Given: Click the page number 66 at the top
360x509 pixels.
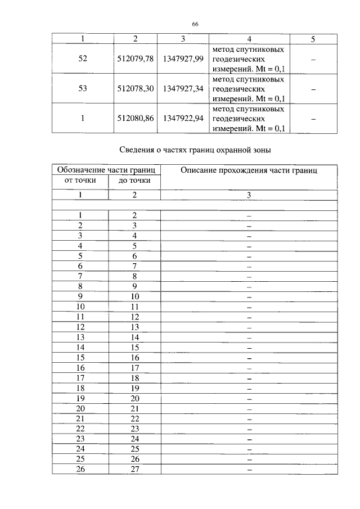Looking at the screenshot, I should (x=195, y=24).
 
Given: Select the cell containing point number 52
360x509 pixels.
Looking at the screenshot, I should (x=83, y=59).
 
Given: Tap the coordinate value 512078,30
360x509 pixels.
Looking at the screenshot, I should (x=136, y=89).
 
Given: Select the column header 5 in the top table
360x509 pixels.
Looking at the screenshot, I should (x=313, y=39).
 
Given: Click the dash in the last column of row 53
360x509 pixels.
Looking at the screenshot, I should (x=313, y=89).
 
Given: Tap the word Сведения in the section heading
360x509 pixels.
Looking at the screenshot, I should (x=139, y=150).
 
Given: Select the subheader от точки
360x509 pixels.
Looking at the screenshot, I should (x=80, y=181).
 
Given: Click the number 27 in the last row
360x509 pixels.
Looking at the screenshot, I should (x=134, y=469).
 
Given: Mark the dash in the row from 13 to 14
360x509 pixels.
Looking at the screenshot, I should (x=249, y=337).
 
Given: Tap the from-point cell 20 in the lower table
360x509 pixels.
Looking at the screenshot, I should (x=80, y=408).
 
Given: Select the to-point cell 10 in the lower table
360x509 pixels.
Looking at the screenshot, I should (x=134, y=296).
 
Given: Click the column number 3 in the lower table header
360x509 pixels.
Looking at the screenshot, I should (x=249, y=195).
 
